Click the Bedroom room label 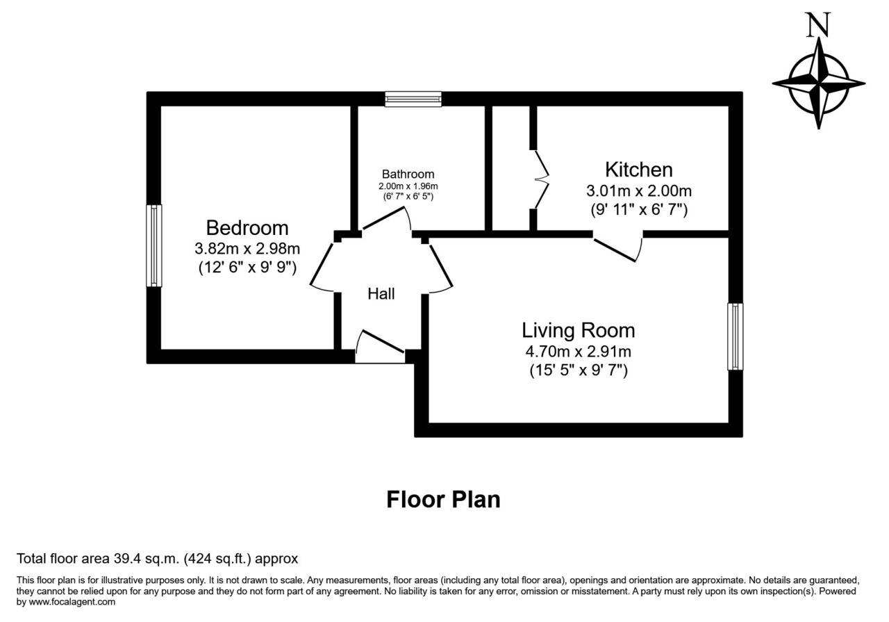[x=247, y=229]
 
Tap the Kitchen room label [x=638, y=170]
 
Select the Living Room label [x=579, y=331]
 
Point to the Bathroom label [x=408, y=174]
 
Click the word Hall [x=381, y=294]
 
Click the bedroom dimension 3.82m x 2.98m [x=247, y=249]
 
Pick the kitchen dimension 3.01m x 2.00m [x=639, y=191]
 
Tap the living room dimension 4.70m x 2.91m [x=579, y=352]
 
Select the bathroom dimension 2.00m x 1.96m [x=408, y=186]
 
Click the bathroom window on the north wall [x=413, y=99]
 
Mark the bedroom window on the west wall [x=154, y=245]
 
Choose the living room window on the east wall [x=736, y=336]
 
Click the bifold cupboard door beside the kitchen [x=540, y=179]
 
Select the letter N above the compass [x=817, y=24]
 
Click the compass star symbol [x=818, y=84]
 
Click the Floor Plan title [x=443, y=500]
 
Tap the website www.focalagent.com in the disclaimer [x=72, y=602]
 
